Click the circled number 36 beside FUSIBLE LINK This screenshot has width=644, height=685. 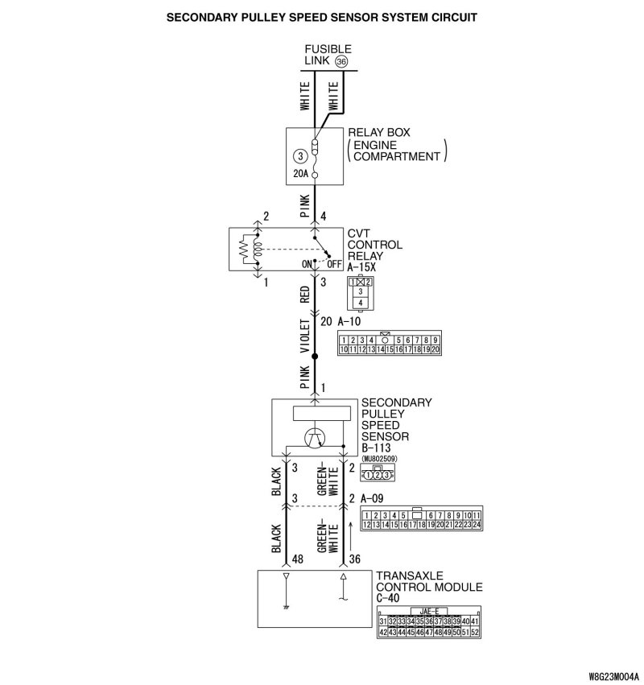341,62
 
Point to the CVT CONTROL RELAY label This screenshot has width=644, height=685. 374,245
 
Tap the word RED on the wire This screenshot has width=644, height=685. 305,295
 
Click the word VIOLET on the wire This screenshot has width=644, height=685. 305,337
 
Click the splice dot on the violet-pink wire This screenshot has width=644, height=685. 315,355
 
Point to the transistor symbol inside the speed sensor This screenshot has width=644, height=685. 315,437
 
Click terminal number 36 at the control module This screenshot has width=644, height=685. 355,559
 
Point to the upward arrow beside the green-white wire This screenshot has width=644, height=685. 349,532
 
